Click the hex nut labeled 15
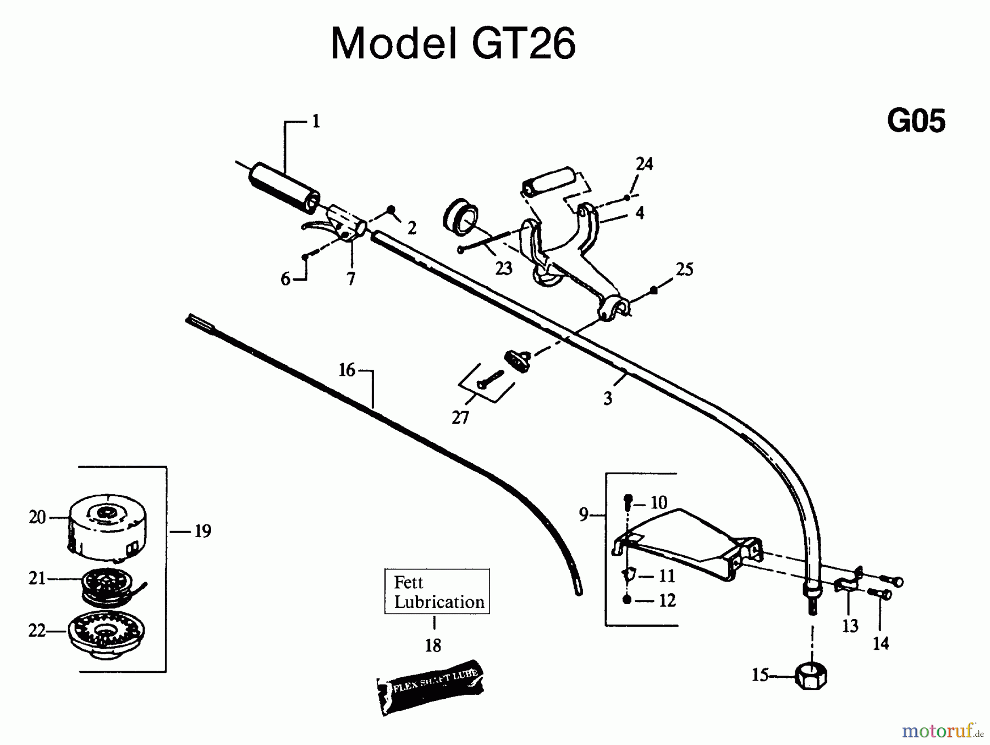(x=811, y=675)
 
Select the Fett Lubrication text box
(x=437, y=591)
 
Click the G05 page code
(x=916, y=121)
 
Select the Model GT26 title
(x=453, y=43)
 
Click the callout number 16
(x=346, y=370)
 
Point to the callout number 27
(x=460, y=418)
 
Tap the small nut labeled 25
(x=653, y=290)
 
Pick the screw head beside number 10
(x=628, y=500)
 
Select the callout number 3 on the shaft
(x=608, y=398)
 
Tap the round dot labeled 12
(x=627, y=600)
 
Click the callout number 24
(x=644, y=164)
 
